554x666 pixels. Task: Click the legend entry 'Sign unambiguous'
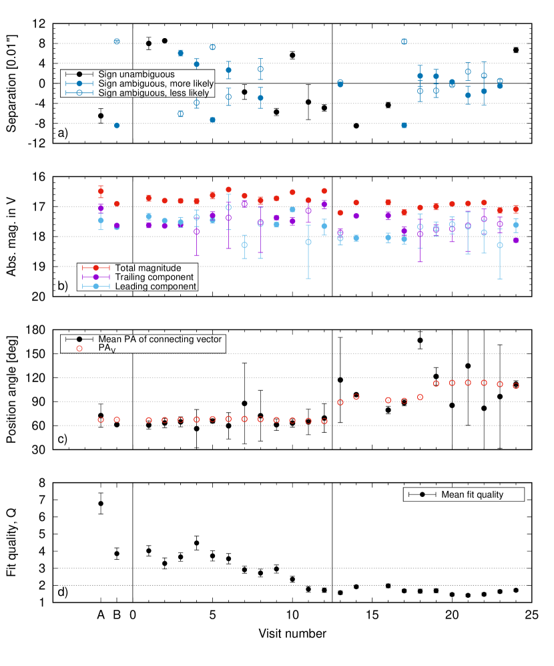(136, 74)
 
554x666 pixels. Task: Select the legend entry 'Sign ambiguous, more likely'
(156, 84)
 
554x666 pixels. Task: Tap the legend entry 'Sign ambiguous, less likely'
(154, 93)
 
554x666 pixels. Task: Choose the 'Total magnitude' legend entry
(148, 268)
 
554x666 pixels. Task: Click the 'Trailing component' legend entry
(154, 277)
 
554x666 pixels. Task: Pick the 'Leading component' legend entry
(156, 287)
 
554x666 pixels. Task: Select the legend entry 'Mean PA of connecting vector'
(160, 339)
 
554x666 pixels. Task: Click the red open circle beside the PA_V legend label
(79, 349)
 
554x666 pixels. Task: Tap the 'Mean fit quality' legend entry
(472, 494)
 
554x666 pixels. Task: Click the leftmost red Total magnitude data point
(101, 192)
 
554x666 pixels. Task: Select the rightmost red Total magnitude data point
(516, 209)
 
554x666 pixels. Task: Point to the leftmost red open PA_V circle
(101, 420)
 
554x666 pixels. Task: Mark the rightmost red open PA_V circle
(516, 385)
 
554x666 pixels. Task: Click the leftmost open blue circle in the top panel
(117, 41)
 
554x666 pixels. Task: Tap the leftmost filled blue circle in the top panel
(117, 126)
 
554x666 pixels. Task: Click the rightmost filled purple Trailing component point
(516, 240)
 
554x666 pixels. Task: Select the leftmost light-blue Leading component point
(101, 220)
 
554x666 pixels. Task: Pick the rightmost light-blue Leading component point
(516, 225)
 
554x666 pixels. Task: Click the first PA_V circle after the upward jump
(340, 402)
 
